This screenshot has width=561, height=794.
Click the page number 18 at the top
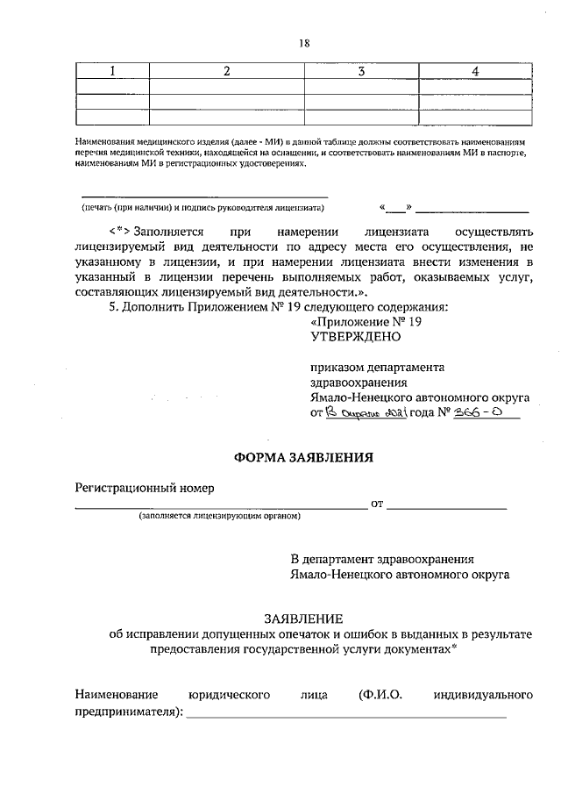click(x=304, y=42)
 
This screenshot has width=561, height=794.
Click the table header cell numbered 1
click(x=112, y=71)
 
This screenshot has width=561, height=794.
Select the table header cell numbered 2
click(x=226, y=71)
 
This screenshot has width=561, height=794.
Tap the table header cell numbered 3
click(x=360, y=71)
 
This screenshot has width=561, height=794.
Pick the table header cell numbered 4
click(x=474, y=71)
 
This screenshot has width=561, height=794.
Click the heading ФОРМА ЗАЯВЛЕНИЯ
click(x=303, y=457)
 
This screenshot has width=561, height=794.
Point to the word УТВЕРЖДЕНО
click(x=355, y=336)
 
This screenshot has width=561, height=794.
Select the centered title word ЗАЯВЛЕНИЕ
click(x=303, y=619)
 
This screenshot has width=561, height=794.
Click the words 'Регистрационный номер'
click(x=145, y=488)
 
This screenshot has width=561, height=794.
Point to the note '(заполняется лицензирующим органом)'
click(x=220, y=517)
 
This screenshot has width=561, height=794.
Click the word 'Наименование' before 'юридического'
click(x=119, y=696)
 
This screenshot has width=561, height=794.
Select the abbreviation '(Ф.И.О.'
click(x=380, y=696)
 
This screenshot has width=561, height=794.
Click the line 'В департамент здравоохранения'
click(x=383, y=559)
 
